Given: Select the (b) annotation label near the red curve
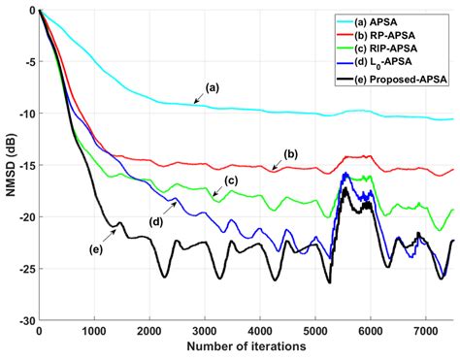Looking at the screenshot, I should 291,153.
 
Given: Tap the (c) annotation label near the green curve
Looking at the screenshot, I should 231,180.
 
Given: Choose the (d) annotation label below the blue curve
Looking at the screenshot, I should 155,221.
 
